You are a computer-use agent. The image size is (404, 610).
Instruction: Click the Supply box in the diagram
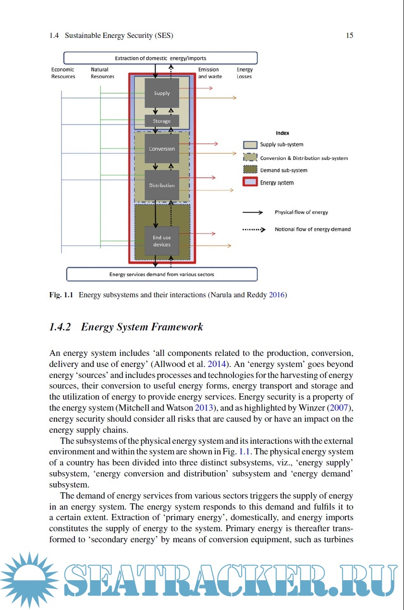[x=162, y=93]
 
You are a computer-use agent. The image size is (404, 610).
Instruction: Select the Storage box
[x=162, y=121]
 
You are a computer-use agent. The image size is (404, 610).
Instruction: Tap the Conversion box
[x=162, y=149]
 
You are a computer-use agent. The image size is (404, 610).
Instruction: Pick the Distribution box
[x=162, y=185]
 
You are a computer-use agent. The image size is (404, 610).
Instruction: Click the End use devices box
[x=162, y=241]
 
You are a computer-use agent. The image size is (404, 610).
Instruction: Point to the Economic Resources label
[x=63, y=73]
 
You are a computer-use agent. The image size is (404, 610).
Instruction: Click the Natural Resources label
[x=102, y=73]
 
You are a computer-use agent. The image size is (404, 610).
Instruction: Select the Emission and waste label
[x=210, y=73]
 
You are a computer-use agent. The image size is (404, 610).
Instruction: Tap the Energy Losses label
[x=245, y=73]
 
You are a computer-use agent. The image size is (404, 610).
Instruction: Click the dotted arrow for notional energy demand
[x=254, y=230]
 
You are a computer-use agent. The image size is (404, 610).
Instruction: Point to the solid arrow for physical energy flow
[x=253, y=212]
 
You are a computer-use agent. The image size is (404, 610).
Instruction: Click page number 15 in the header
[x=350, y=36]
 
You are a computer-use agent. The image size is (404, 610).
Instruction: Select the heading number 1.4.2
[x=60, y=327]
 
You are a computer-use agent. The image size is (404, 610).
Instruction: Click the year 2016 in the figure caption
[x=277, y=295]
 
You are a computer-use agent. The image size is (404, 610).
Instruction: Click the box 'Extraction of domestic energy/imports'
[x=160, y=58]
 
